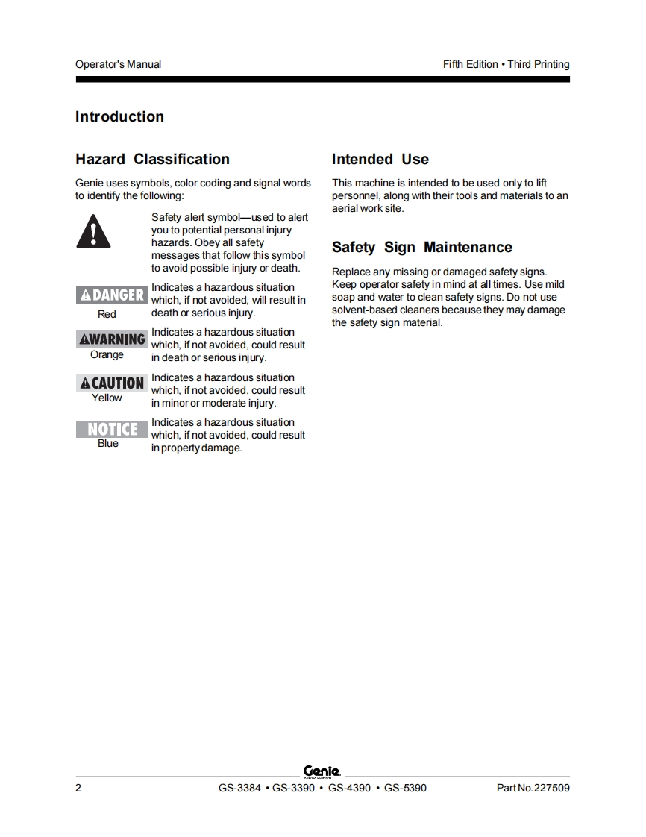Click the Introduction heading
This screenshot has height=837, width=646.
coord(119,117)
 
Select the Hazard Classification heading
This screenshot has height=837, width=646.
coord(152,159)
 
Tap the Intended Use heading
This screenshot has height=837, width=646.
coord(380,159)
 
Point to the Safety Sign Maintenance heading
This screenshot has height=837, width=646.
coord(421,248)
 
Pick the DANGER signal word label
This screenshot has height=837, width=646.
coord(111,295)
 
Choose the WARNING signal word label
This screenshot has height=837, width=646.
coord(111,339)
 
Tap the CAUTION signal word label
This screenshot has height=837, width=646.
coord(111,383)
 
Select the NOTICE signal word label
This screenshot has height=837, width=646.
coord(111,429)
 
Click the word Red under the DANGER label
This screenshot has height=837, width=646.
coord(107,314)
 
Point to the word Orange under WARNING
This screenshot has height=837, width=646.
coord(107,354)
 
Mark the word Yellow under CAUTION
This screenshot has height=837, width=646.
coord(107,398)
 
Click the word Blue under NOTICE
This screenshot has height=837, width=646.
coord(108,443)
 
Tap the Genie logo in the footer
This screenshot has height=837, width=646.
coord(322,772)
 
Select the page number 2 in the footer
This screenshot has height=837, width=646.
coord(78,788)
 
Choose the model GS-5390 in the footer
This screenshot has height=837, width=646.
coord(405,788)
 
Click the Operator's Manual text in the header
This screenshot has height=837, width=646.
coord(118,64)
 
